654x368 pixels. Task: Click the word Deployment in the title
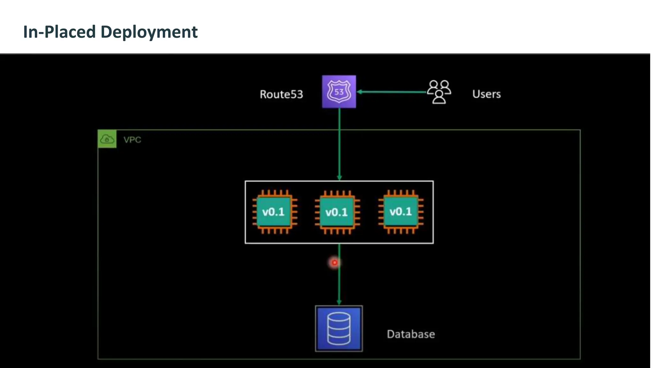pos(149,32)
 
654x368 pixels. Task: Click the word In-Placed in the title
pos(59,32)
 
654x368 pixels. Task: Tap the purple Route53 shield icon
pos(339,92)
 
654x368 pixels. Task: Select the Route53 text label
pos(281,94)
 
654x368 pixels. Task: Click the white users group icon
pos(439,92)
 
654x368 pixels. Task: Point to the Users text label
pos(486,94)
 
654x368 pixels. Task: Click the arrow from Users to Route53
pos(393,92)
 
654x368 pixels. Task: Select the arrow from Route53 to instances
pos(339,144)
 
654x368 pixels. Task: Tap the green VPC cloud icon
pos(107,139)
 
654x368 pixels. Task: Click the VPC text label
pos(132,140)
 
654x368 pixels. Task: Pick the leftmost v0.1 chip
pos(274,212)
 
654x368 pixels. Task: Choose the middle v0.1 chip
pos(337,212)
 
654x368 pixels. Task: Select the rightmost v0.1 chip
pos(401,211)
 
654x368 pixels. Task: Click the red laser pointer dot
pos(334,263)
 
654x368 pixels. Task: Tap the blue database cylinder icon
pos(339,328)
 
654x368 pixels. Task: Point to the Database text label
pos(411,334)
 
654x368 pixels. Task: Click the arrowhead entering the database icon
pos(339,302)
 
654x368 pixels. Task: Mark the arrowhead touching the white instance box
pos(339,178)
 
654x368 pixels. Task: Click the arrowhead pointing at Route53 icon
pos(360,92)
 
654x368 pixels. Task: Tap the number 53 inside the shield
pos(339,92)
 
